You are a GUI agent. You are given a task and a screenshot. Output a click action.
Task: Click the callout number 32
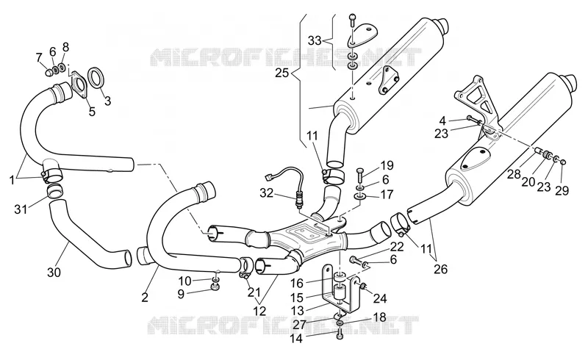point(267,193)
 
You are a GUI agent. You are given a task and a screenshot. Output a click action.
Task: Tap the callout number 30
point(54,272)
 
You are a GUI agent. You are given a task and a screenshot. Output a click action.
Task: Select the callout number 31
point(21,209)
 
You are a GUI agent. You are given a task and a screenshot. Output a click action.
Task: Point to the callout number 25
point(282,73)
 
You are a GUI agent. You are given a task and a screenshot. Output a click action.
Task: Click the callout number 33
point(315,40)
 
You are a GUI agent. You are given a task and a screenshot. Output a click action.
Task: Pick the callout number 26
point(440,269)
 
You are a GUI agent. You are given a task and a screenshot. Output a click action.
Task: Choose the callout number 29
point(562,190)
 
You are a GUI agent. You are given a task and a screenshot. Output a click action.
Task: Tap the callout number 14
point(296,338)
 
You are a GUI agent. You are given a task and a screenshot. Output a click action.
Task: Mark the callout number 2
point(145,298)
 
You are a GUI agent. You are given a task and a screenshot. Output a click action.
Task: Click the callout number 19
point(387,165)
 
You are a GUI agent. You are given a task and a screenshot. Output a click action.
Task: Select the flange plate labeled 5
point(79,85)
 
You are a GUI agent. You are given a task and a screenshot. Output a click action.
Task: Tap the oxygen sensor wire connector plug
point(269,176)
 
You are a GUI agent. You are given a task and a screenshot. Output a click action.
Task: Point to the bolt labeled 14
point(340,334)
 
